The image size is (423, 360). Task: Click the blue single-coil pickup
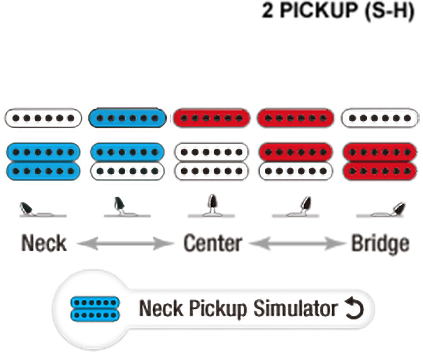tap(127, 118)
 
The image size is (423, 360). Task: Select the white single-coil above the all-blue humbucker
tap(43, 118)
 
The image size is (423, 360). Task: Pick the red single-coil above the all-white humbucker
tap(211, 118)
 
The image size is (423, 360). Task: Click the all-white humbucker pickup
tap(211, 161)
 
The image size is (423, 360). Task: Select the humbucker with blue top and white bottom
tap(127, 161)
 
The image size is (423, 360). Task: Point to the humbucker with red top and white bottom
tap(295, 161)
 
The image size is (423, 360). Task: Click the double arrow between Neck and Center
tap(126, 243)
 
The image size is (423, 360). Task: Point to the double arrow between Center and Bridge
tap(297, 243)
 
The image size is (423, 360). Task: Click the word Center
tap(213, 243)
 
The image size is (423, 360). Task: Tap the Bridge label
tap(380, 243)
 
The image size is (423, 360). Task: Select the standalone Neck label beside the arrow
tap(44, 243)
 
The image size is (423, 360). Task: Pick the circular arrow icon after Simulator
tap(352, 309)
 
